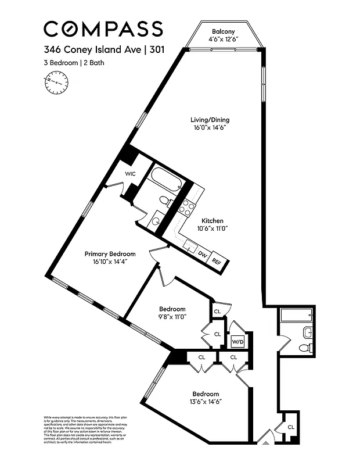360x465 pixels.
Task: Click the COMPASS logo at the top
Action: (x=103, y=28)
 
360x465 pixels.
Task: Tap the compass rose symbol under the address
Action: (x=56, y=83)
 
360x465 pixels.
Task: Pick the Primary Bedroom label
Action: (x=110, y=254)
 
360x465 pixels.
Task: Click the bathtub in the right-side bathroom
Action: (x=296, y=316)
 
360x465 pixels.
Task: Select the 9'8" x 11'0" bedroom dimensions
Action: (x=172, y=317)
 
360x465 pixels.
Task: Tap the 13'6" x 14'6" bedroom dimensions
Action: (x=206, y=402)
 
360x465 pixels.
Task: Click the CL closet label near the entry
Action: (x=290, y=427)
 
